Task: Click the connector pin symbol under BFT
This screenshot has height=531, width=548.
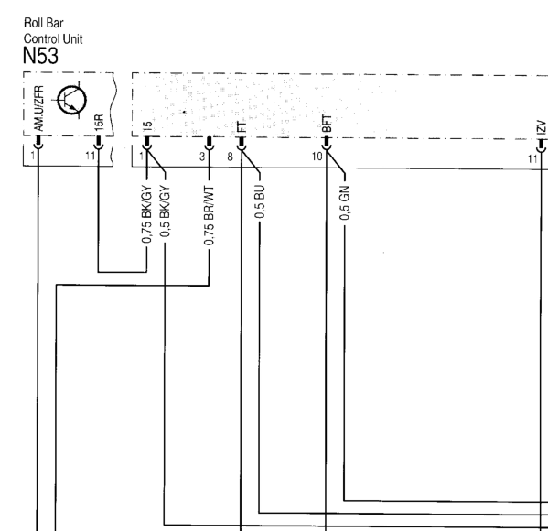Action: pos(326,144)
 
